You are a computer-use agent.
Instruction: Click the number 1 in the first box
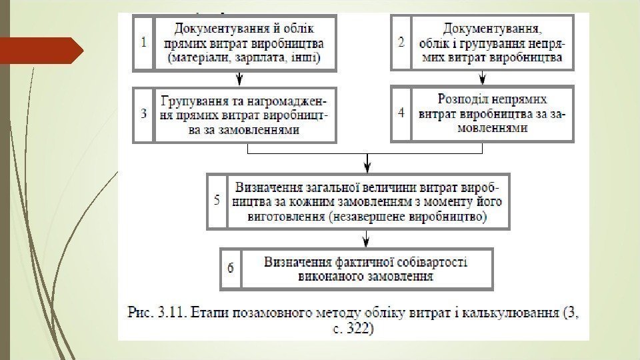tap(144, 41)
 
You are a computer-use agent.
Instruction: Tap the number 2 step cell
tap(401, 41)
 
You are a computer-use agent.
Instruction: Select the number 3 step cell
tap(144, 113)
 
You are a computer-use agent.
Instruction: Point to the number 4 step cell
tap(401, 113)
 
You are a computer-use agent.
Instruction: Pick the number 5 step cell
tap(217, 201)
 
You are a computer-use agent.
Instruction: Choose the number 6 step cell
tap(231, 269)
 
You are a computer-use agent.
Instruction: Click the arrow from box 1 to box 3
tap(237, 79)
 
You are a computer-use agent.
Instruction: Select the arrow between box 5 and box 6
tap(366, 239)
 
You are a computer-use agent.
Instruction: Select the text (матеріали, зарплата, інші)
tap(245, 58)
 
